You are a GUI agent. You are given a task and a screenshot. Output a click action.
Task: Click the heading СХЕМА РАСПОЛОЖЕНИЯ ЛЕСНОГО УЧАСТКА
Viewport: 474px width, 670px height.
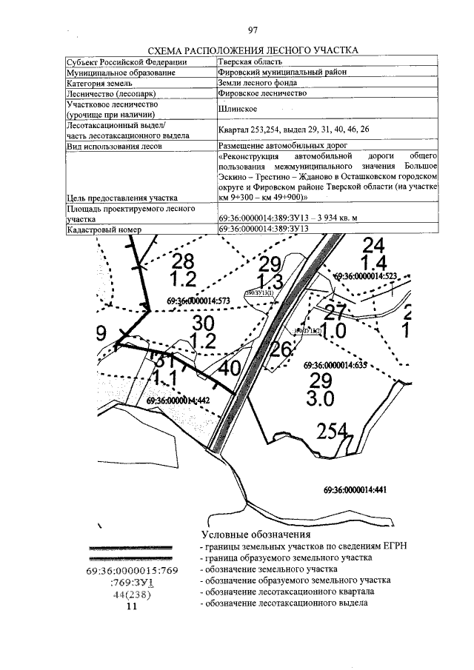pos(253,50)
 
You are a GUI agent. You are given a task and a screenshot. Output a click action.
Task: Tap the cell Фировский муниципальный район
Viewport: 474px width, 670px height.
pos(282,73)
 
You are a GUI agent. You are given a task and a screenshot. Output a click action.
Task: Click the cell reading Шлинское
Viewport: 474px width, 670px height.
pos(238,110)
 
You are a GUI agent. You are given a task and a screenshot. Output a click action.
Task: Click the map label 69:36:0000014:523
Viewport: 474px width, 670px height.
pos(367,276)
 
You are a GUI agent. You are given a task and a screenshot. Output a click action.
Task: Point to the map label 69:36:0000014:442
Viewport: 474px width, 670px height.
pos(178,401)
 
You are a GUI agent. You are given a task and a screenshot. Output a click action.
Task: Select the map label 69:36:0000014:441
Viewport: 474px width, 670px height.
pos(355,489)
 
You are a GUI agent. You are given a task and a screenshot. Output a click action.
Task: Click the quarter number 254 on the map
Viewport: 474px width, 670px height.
pos(331,431)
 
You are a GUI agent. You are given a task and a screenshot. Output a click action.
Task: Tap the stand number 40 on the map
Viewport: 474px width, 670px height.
pos(230,368)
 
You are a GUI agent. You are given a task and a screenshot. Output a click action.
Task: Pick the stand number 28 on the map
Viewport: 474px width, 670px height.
pos(182,261)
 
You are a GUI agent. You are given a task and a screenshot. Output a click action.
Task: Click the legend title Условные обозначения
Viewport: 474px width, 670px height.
pos(256,534)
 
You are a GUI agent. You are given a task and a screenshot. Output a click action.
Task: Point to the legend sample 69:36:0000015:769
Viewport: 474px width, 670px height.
pos(132,571)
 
